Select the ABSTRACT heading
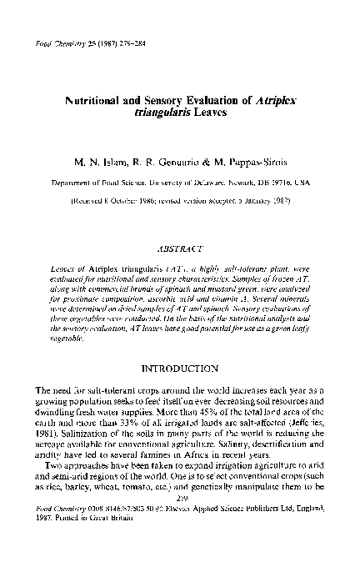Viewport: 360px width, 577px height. coord(180,248)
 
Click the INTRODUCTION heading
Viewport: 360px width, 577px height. coord(180,367)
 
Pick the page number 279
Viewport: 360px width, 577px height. coord(180,538)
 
